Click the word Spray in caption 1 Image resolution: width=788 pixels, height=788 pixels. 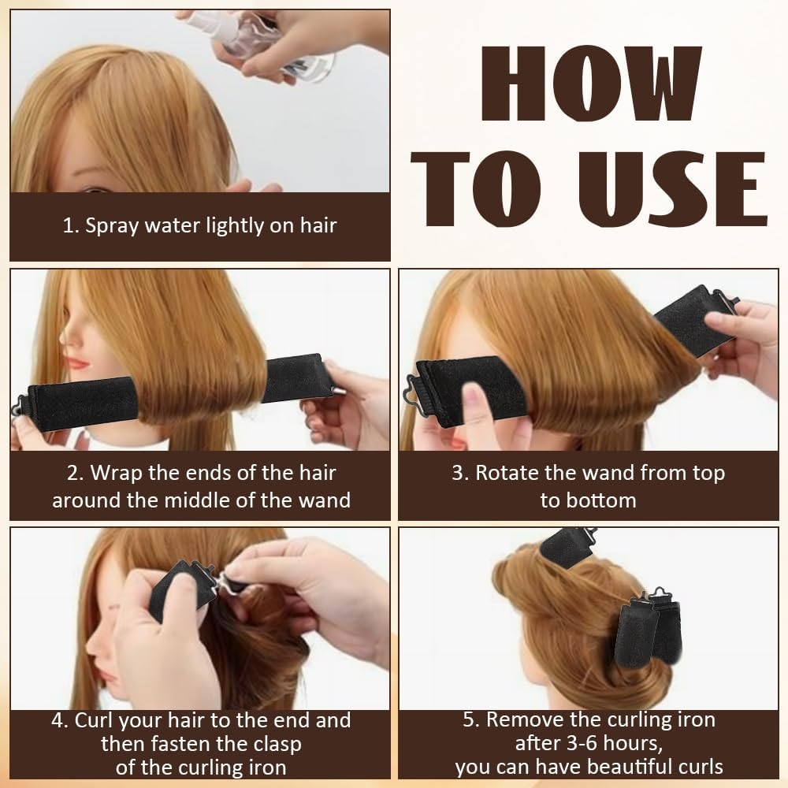tap(110, 226)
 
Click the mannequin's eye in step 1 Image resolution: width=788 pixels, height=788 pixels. tap(94, 191)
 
